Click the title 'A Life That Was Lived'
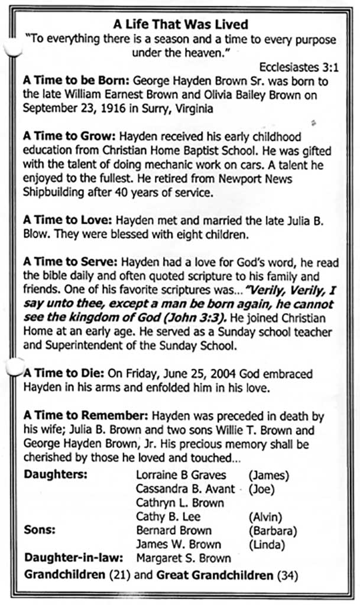(180, 25)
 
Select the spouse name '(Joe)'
(262, 489)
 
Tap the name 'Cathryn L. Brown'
(180, 503)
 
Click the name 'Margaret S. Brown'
(183, 558)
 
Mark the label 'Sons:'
(40, 530)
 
